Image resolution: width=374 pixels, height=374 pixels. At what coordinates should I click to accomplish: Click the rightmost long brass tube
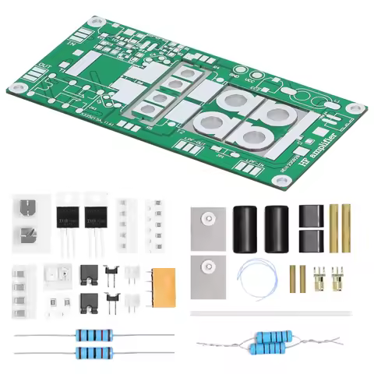(345, 228)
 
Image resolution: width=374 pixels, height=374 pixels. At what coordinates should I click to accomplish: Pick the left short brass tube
(295, 278)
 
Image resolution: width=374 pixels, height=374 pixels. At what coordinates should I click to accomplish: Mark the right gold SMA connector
(337, 278)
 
